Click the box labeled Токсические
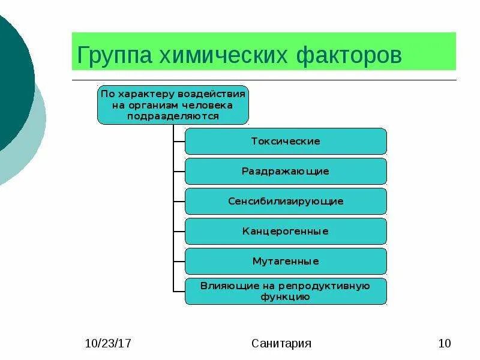coord(286,142)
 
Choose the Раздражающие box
coord(286,172)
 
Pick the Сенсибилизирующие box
coord(286,202)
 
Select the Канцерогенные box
coord(286,232)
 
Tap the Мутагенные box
coord(286,262)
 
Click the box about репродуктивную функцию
coord(286,291)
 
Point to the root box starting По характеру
coord(173,105)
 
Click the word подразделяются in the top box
coord(173,116)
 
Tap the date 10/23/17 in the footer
coord(108,344)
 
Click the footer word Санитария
coord(281,344)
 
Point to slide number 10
coord(445,344)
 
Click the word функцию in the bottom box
coord(286,296)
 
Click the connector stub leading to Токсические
coord(179,142)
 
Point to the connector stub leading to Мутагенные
coord(179,262)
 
